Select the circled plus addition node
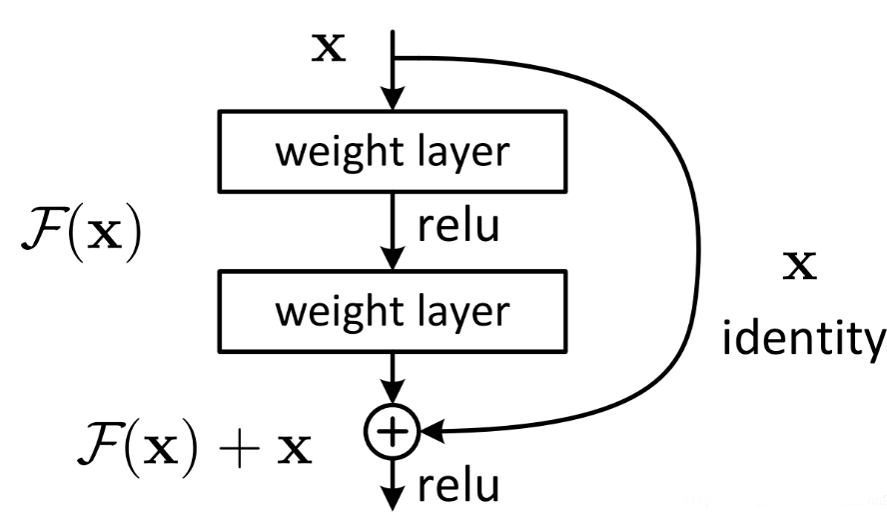click(396, 430)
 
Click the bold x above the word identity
click(800, 267)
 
